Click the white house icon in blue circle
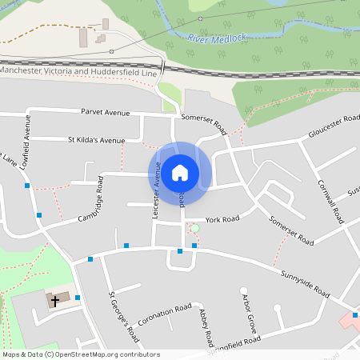click(x=180, y=172)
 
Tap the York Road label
click(x=222, y=218)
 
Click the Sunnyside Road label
click(x=306, y=282)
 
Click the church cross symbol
click(x=55, y=301)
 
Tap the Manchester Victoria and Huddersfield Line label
click(x=78, y=71)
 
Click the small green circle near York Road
click(x=194, y=229)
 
